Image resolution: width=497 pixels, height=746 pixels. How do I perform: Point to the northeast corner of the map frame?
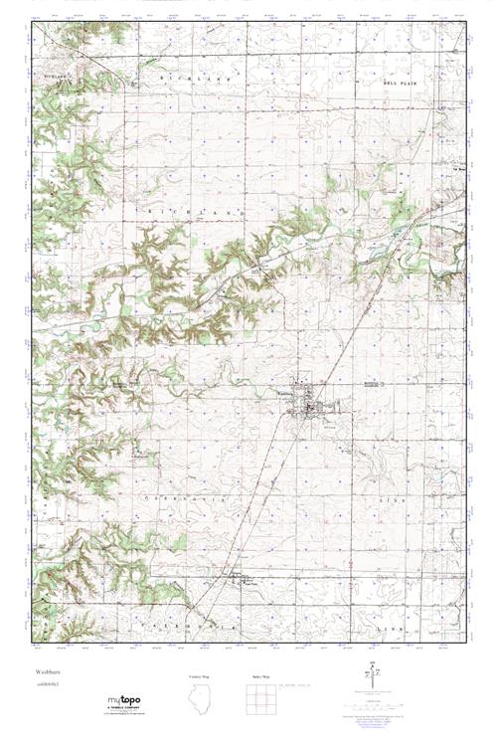click(x=465, y=22)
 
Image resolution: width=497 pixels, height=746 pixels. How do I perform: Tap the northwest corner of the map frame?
click(x=33, y=22)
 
